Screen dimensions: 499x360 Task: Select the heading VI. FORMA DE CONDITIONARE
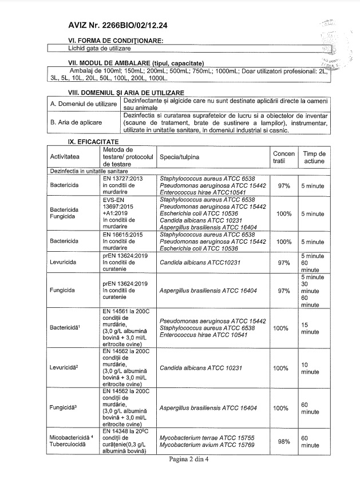point(116,41)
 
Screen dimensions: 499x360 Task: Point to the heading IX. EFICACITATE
point(93,140)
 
